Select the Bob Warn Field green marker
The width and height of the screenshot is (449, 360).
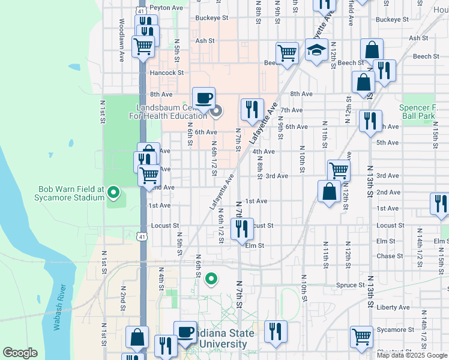(113, 193)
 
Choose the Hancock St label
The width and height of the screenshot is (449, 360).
(166, 73)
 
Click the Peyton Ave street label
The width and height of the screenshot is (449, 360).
(166, 8)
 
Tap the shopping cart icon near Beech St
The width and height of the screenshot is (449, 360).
(288, 52)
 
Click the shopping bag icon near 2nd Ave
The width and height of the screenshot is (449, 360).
(329, 191)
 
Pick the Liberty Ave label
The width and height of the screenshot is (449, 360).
(393, 307)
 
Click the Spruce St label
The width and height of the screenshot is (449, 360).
(351, 285)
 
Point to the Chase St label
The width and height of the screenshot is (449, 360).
(390, 256)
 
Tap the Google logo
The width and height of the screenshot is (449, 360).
(20, 353)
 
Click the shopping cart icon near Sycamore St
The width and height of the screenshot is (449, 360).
(361, 337)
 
